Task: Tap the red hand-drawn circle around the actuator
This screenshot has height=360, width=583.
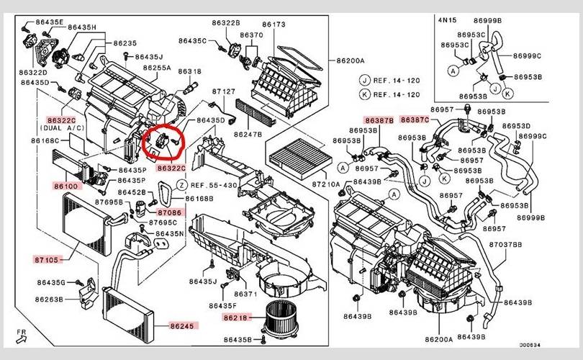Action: point(164,141)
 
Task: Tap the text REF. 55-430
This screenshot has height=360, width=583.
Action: point(218,184)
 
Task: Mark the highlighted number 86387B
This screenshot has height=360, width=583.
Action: point(379,120)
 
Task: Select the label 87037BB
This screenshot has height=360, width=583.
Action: point(506,246)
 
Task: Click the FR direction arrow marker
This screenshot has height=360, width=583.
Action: point(24,336)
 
